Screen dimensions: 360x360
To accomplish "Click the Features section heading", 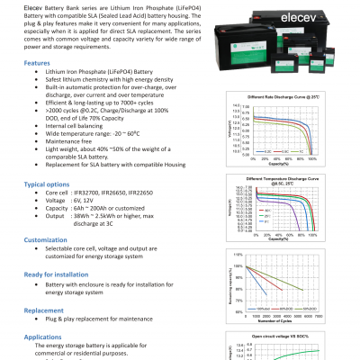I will point(37,64).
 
